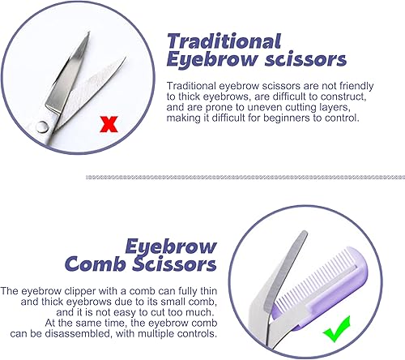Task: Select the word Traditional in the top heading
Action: point(224,41)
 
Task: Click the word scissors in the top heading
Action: point(296,59)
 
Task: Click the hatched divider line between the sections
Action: point(243,174)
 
